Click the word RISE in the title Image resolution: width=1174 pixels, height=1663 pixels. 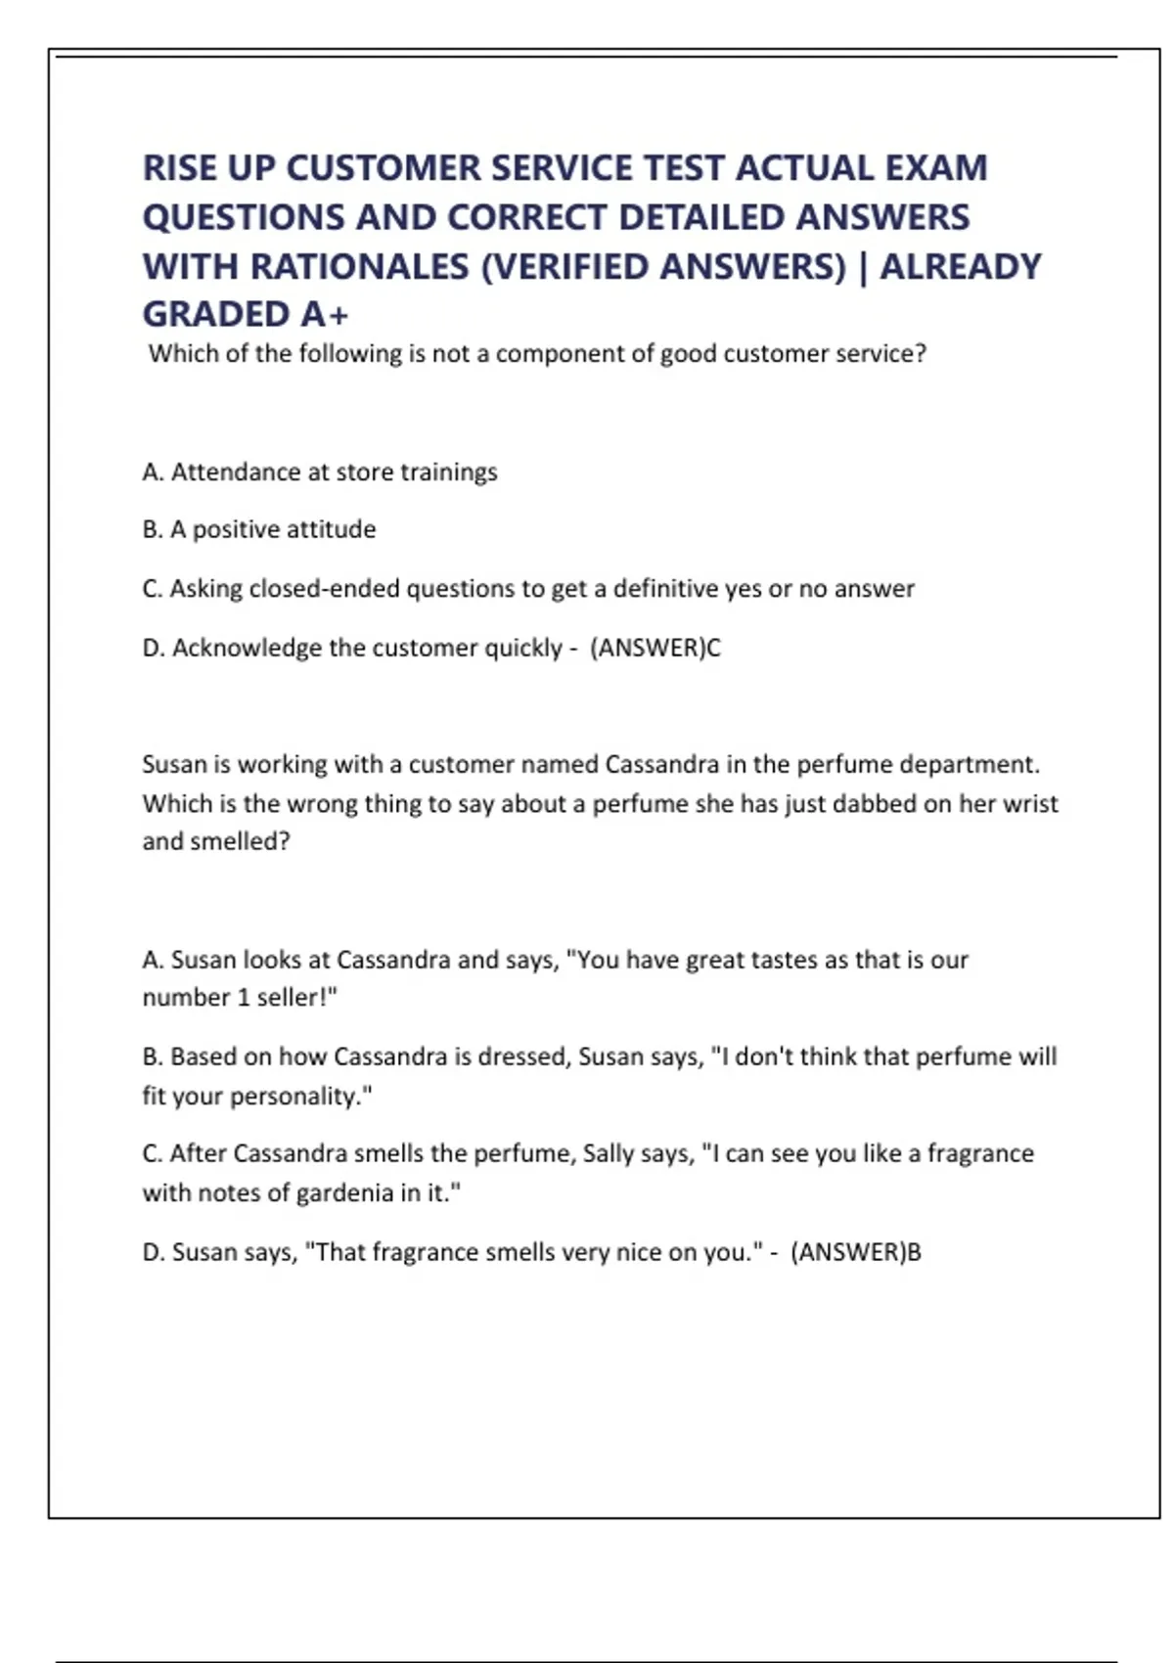pyautogui.click(x=180, y=168)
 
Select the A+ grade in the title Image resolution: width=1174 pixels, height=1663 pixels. pyautogui.click(x=325, y=314)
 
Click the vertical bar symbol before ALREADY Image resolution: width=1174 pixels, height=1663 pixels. pyautogui.click(x=863, y=266)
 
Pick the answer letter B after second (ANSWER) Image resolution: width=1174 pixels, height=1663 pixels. pyautogui.click(x=914, y=1252)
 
